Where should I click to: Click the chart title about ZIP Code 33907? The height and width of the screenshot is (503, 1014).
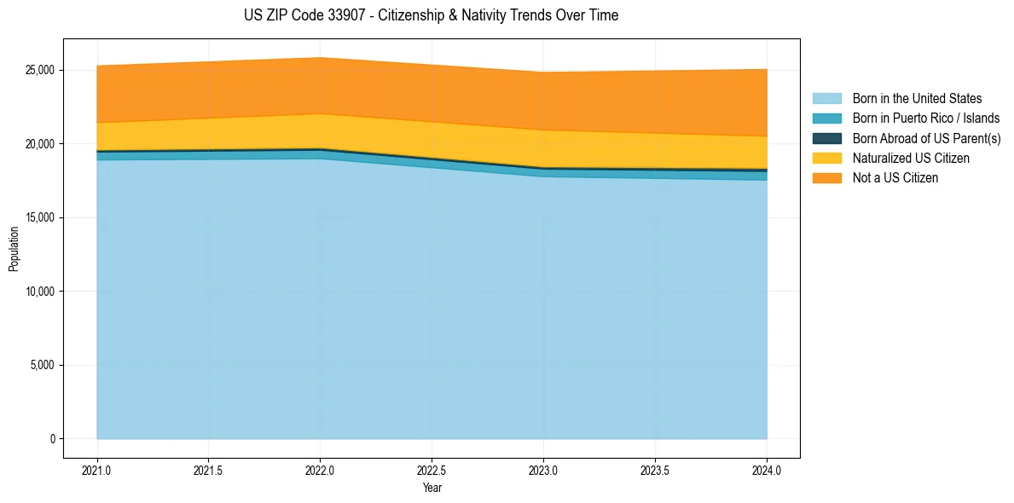[x=431, y=15]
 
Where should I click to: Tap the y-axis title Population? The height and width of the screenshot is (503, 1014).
[x=14, y=249]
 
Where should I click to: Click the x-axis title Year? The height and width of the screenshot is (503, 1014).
[x=432, y=488]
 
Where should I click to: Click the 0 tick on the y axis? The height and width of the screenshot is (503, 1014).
[x=52, y=439]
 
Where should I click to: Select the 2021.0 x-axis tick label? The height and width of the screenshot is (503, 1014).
[x=96, y=470]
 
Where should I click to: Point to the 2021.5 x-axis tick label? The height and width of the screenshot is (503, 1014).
[x=208, y=470]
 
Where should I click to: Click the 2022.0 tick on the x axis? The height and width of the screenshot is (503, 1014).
[x=320, y=470]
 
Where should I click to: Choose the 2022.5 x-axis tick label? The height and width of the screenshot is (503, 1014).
[x=432, y=470]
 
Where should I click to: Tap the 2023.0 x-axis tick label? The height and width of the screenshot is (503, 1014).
[x=543, y=470]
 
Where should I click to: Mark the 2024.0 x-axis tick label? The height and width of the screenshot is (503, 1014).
[x=767, y=470]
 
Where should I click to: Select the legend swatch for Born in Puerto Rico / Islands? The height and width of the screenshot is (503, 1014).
[x=826, y=118]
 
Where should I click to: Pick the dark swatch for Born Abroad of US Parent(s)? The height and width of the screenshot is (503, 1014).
[x=826, y=138]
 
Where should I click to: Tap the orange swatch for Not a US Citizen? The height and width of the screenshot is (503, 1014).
[x=826, y=177]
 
